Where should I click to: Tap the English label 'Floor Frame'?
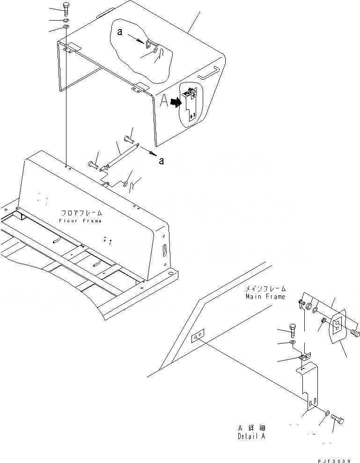[x=80, y=220]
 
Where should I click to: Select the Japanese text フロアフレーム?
[x=81, y=213]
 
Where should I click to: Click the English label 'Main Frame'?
[x=265, y=296]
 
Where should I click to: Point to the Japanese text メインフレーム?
[x=265, y=289]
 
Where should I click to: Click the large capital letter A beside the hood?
[x=164, y=102]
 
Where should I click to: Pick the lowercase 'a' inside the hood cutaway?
[x=120, y=33]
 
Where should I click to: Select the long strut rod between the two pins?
[x=121, y=154]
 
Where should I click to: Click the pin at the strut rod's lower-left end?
[x=93, y=164]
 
